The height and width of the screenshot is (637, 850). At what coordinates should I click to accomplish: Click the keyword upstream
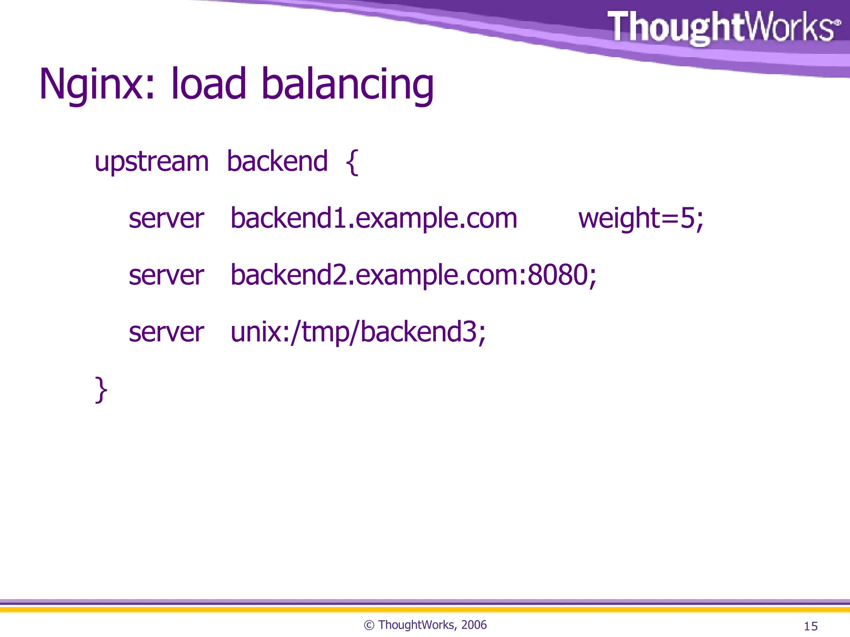[x=151, y=162]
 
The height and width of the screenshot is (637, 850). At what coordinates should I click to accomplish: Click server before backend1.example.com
[x=166, y=218]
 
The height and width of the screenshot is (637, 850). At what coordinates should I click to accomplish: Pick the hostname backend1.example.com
[x=374, y=218]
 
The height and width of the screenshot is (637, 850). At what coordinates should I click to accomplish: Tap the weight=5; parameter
[x=641, y=218]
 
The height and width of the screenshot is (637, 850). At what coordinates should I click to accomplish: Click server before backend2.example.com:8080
[x=166, y=275]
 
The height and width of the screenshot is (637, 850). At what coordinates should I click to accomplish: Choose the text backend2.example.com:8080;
[x=413, y=275]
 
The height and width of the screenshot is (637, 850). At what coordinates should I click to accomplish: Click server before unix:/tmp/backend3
[x=166, y=332]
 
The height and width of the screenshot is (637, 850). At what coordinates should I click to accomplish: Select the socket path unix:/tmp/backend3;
[x=358, y=332]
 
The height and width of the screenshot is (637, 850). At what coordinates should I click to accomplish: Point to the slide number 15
[x=810, y=626]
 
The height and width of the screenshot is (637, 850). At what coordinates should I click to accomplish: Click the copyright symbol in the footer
[x=369, y=625]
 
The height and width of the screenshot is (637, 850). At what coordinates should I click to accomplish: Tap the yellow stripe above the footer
[x=425, y=610]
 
